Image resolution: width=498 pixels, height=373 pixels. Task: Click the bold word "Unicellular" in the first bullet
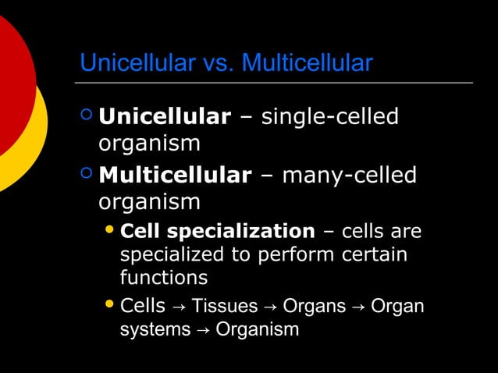click(x=164, y=117)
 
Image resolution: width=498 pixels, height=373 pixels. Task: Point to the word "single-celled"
click(x=329, y=117)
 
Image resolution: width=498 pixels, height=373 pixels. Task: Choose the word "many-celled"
click(x=349, y=175)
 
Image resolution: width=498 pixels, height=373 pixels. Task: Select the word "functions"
click(x=163, y=277)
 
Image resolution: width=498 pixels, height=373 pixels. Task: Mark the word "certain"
click(x=373, y=254)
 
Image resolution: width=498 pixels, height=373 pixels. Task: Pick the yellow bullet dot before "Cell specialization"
click(x=110, y=231)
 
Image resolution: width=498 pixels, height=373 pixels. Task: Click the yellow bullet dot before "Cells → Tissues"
click(x=110, y=305)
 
